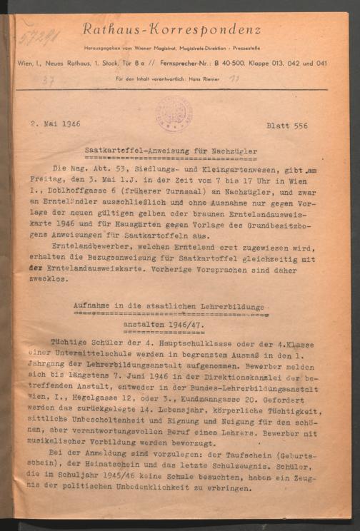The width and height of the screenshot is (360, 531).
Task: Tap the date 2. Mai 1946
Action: (55, 124)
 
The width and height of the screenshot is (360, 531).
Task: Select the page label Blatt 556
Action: (286, 126)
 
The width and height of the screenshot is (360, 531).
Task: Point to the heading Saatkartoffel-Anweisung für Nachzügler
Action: (171, 151)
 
